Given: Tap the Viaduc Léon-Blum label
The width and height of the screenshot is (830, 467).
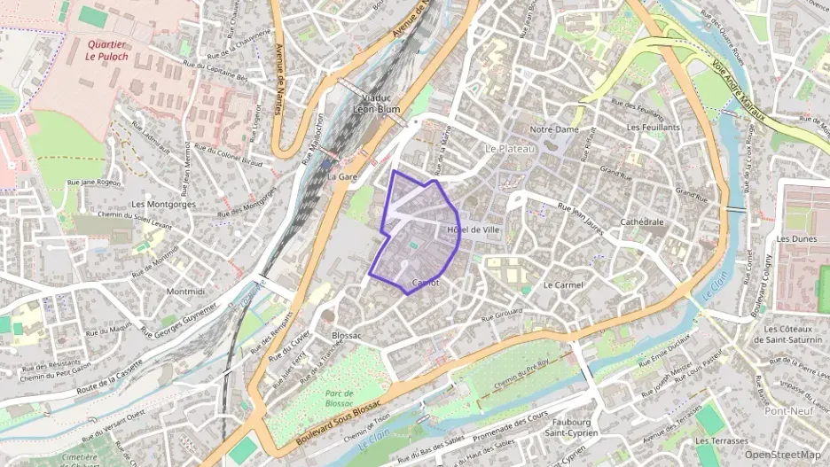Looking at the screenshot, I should click(377, 104).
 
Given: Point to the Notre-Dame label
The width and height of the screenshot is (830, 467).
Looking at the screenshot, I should click(553, 129).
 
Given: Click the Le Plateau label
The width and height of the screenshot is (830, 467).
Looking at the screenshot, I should click(510, 149).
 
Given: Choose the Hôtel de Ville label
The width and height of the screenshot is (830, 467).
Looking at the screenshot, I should click(469, 230).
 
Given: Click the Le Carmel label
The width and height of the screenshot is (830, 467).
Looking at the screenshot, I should click(562, 285).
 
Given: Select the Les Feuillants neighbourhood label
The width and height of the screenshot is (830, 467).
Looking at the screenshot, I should click(653, 128).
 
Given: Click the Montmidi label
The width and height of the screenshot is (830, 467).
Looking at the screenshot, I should click(185, 291).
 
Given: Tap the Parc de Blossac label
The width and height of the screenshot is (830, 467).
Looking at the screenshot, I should click(339, 398).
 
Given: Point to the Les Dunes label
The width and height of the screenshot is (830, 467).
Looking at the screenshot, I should click(795, 238).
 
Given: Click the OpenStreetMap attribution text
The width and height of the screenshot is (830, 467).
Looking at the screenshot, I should click(783, 455).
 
